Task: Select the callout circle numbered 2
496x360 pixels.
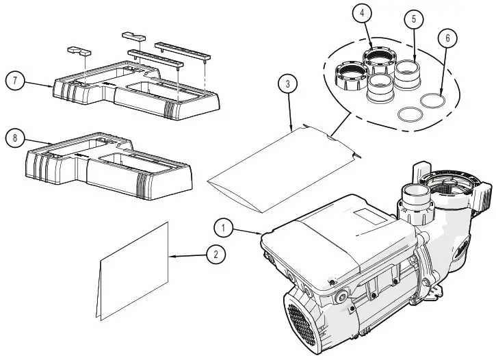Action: click(x=216, y=255)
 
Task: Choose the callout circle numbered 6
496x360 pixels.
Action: click(x=447, y=38)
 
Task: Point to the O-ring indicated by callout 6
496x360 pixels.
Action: click(x=432, y=101)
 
